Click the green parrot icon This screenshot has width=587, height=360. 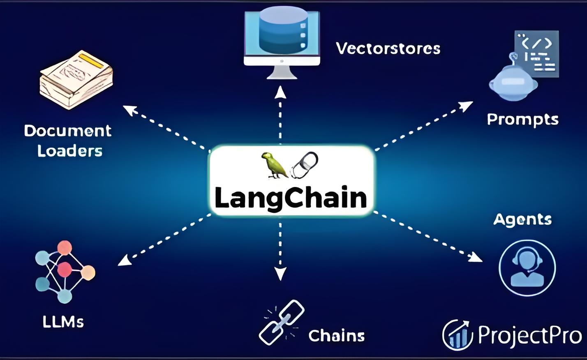(274, 165)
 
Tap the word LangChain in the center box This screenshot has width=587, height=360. (291, 198)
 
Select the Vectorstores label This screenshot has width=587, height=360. (388, 48)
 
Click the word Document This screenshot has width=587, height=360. (68, 131)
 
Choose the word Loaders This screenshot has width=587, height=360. (70, 151)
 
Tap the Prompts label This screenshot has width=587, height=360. (522, 119)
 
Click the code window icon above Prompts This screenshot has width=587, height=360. (537, 53)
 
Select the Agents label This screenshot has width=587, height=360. (522, 219)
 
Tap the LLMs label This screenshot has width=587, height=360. (63, 321)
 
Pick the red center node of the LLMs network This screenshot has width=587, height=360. (65, 270)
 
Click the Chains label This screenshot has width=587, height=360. (337, 336)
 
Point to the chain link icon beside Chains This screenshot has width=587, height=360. (282, 322)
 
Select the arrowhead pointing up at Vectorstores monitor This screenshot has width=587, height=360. (280, 92)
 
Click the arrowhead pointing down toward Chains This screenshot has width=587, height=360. (280, 273)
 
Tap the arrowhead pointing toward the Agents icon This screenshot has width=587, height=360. (476, 257)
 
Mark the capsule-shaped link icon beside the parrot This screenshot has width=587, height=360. (305, 165)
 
